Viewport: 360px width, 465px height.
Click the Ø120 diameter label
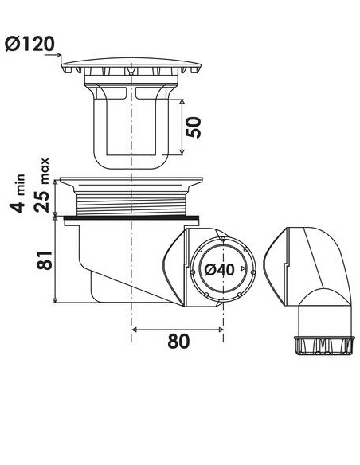pyautogui.click(x=30, y=44)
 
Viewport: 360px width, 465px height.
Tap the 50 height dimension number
pyautogui.click(x=194, y=127)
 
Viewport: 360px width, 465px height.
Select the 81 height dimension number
pyautogui.click(x=45, y=260)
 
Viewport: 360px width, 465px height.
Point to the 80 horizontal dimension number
pyautogui.click(x=178, y=341)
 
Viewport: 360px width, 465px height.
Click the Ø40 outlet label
pyautogui.click(x=220, y=270)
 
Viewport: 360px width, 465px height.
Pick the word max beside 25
pyautogui.click(x=45, y=171)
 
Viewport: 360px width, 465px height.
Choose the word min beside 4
pyautogui.click(x=21, y=184)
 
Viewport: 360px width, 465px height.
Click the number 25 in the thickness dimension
pyautogui.click(x=41, y=201)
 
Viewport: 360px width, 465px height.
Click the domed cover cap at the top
pyautogui.click(x=131, y=62)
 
